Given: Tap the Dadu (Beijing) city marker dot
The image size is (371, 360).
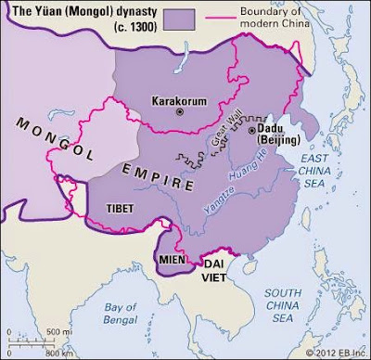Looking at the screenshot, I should point(253,131).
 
